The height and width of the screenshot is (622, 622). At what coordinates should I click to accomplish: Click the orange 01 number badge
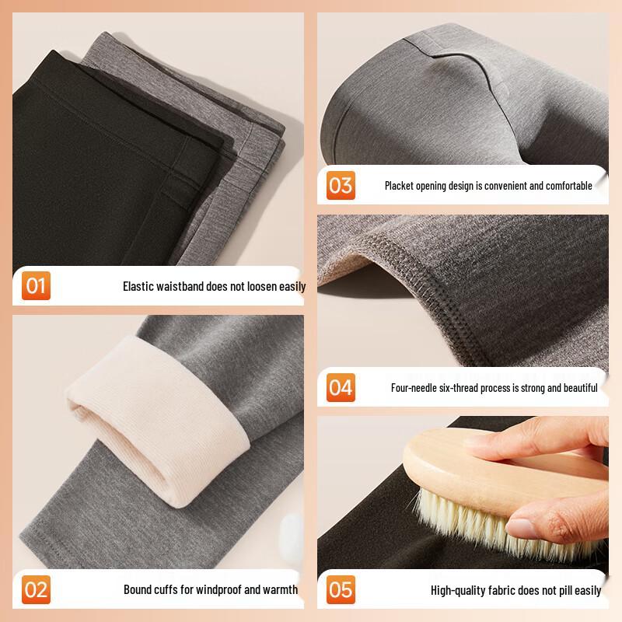coord(36,285)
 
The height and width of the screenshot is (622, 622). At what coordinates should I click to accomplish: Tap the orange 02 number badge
coord(36,589)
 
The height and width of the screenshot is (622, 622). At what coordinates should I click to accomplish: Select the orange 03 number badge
coord(341,185)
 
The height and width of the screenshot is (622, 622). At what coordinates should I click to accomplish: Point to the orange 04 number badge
coord(341,387)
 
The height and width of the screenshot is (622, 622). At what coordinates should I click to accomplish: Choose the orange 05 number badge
coord(341,589)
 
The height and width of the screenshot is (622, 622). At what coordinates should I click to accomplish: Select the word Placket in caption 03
coord(399,186)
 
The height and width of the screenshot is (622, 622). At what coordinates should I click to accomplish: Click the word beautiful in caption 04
coord(580,387)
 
